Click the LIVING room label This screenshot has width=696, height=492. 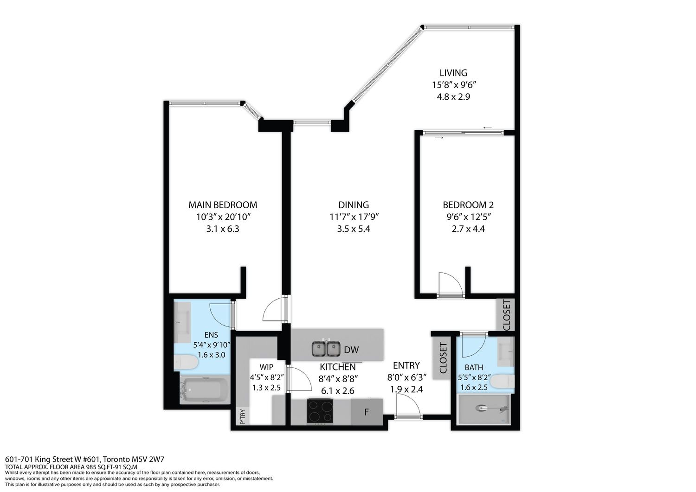pyautogui.click(x=453, y=73)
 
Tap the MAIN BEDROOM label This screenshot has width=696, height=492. pyautogui.click(x=223, y=205)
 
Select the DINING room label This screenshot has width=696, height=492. pyautogui.click(x=354, y=205)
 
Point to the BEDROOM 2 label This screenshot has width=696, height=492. pyautogui.click(x=468, y=205)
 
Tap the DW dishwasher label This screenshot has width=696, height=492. pyautogui.click(x=351, y=350)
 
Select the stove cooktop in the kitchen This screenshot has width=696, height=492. pyautogui.click(x=320, y=411)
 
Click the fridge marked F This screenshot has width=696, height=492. pyautogui.click(x=367, y=412)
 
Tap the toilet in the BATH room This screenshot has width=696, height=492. pyautogui.click(x=503, y=381)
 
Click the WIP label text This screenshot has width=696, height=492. pyautogui.click(x=266, y=367)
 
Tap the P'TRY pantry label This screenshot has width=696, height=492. pyautogui.click(x=243, y=416)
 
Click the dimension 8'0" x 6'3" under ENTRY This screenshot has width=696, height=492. pyautogui.click(x=406, y=377)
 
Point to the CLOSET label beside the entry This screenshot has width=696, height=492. pyautogui.click(x=443, y=358)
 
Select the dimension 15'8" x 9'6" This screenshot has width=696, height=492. pyautogui.click(x=454, y=85)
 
